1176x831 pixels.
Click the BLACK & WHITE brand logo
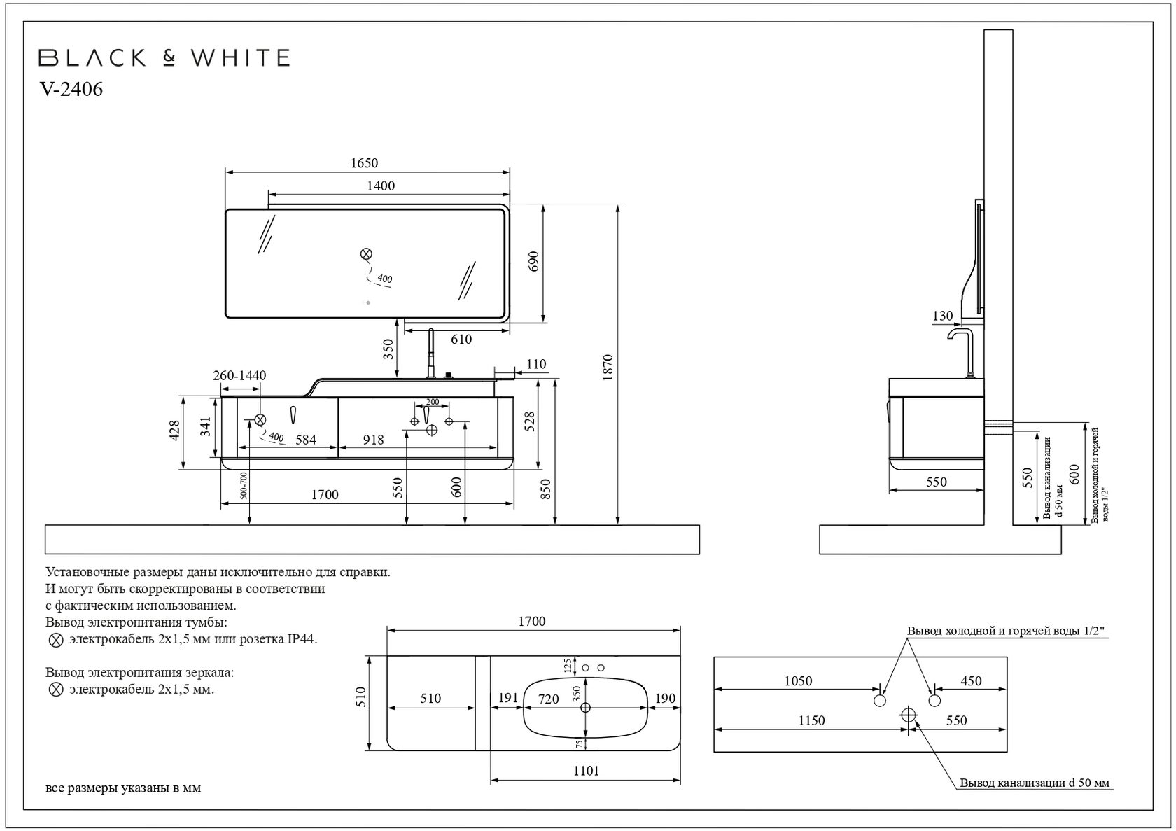click(x=164, y=57)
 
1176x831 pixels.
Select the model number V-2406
click(x=71, y=90)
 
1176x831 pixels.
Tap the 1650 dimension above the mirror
click(x=364, y=163)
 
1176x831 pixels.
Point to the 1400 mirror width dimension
click(x=381, y=186)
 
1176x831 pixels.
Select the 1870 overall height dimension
click(x=608, y=367)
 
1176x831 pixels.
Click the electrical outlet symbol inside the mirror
click(x=365, y=254)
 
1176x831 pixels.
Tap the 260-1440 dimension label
click(x=239, y=376)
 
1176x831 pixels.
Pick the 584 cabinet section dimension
click(x=306, y=440)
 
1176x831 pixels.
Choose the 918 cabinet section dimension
click(x=373, y=440)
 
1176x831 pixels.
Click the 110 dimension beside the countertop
click(x=536, y=364)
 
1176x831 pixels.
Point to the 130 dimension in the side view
click(x=943, y=316)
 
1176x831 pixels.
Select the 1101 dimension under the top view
click(x=586, y=771)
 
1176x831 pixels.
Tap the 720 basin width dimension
click(x=549, y=699)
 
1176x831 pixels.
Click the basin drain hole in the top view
click(x=586, y=707)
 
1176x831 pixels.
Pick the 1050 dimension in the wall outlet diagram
click(x=798, y=681)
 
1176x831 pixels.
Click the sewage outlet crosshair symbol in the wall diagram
click(x=909, y=715)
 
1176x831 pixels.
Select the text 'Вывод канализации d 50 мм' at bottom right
click(x=1035, y=783)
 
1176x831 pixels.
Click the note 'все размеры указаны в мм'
click(x=123, y=788)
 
